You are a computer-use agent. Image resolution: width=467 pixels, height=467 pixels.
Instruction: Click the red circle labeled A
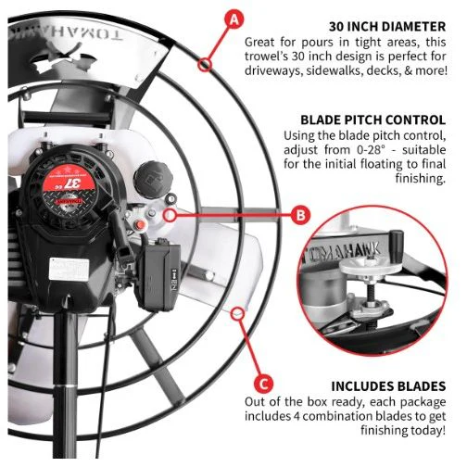(234, 19)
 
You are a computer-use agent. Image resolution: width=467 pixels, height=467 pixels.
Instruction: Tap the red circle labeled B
(300, 215)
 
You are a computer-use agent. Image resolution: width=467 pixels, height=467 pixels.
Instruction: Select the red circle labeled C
(263, 385)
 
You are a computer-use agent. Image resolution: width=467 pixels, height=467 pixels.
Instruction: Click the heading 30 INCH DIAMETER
(387, 27)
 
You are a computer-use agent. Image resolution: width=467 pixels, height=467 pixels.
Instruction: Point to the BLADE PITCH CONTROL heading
(373, 120)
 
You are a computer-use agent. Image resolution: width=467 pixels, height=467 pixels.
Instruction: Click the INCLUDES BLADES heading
(388, 386)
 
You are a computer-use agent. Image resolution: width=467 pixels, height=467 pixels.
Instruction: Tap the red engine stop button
(141, 225)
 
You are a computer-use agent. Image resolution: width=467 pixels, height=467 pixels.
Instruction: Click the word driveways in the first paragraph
(273, 71)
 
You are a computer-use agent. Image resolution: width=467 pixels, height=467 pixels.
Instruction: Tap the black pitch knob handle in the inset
(397, 242)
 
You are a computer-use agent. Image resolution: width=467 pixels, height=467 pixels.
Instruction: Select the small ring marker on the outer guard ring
(205, 64)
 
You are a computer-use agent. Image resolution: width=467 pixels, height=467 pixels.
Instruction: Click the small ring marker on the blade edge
(237, 314)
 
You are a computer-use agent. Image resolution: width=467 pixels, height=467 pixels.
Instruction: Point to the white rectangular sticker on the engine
(69, 269)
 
